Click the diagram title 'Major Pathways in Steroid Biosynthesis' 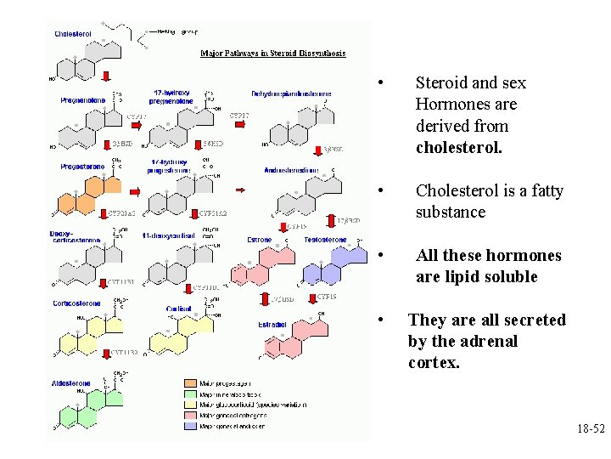tap(272, 54)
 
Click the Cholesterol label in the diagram tap(73, 34)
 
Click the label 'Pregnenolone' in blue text tap(82, 99)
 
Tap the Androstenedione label tap(291, 170)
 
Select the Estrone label tap(260, 240)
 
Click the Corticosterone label tap(76, 303)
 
